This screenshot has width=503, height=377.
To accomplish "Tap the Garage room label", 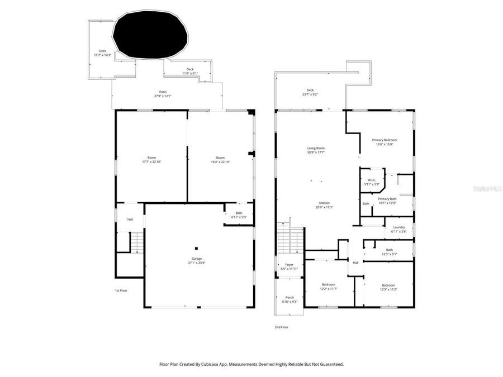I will pos(197,259).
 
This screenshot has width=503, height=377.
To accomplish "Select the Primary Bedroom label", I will pos(385,140).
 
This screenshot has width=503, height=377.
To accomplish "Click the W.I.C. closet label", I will pos(372,179).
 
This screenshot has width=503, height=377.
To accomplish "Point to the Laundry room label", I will pos(398,227).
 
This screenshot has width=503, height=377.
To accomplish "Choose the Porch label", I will pos(290,297).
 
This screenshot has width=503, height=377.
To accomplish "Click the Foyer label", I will pos(289,265).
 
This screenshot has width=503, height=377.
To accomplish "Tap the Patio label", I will pos(163,92).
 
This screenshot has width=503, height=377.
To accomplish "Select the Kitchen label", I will pos(324,203).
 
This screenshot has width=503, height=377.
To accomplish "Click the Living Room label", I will pos(316,148).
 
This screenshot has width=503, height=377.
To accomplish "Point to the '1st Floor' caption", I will pos(122,290).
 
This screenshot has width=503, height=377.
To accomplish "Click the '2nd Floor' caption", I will pos(281,327).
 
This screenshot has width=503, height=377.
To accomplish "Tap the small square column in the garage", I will pos(196,249).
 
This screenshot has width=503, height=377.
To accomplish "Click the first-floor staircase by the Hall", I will pos(137,242).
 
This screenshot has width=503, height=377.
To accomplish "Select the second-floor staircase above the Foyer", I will pos(290,240).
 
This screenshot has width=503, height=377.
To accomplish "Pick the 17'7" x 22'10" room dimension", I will pos(151,162).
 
